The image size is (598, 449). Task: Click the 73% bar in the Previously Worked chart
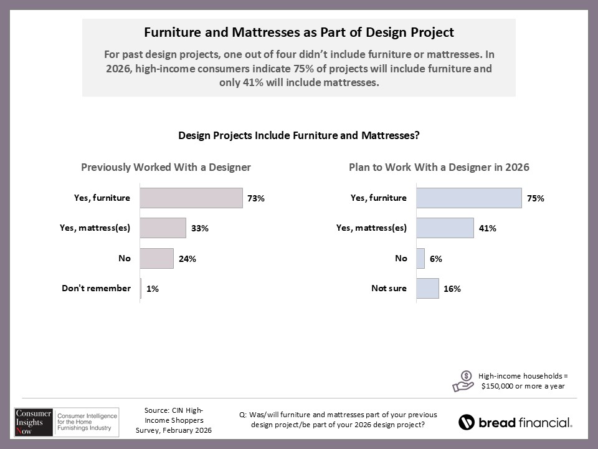[x=191, y=198]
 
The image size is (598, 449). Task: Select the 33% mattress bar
[x=163, y=228]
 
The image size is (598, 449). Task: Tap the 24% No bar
[x=156, y=258]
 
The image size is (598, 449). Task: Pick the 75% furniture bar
[x=468, y=198]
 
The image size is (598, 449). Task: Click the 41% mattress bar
[x=444, y=228]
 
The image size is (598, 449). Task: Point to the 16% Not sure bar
[x=427, y=289]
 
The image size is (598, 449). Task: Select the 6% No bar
[x=420, y=258]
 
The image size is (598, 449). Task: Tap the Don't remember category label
[x=96, y=288]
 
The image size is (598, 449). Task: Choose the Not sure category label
[x=389, y=288]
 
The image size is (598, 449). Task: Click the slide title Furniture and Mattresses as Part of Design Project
[x=298, y=32]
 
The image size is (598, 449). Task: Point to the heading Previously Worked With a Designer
[x=166, y=167]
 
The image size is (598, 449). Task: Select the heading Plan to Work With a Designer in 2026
[x=439, y=167]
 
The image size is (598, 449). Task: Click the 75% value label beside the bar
[x=536, y=198]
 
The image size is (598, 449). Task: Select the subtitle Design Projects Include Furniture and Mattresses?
[x=298, y=135]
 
